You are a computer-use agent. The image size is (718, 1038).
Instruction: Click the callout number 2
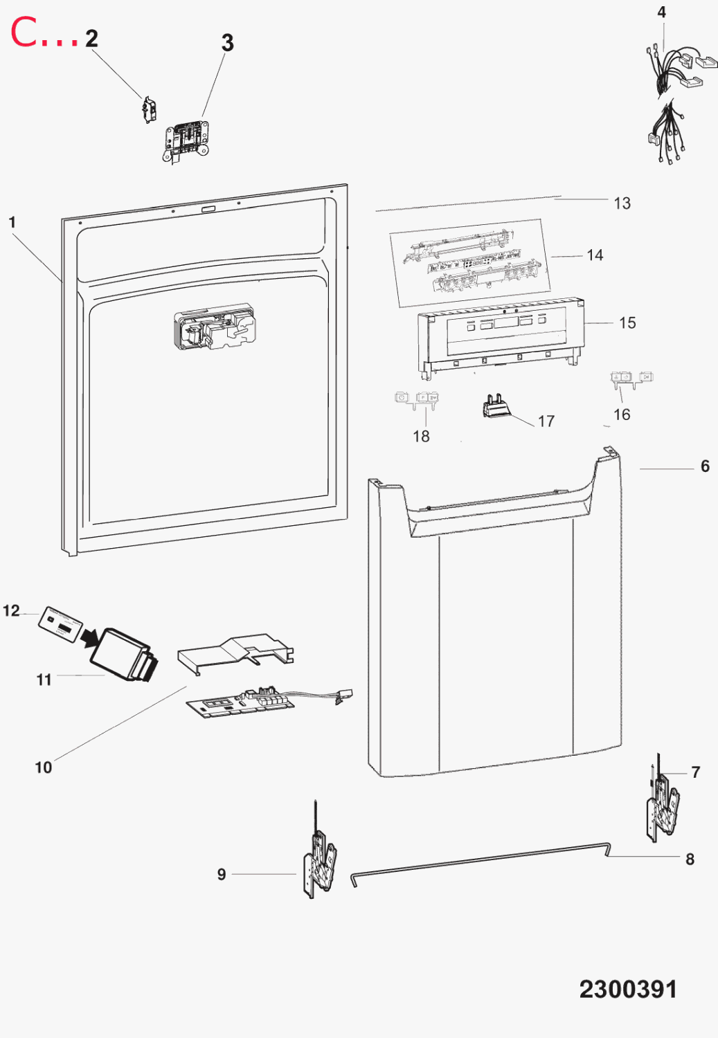point(92,39)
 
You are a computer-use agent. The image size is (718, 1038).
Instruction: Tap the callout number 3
point(227,43)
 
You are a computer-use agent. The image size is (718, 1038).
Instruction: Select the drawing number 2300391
point(628,990)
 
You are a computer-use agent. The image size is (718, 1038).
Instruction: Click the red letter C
point(23,32)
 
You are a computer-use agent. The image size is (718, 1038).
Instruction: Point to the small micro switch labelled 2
point(148,109)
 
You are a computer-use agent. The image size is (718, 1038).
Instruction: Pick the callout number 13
point(622,203)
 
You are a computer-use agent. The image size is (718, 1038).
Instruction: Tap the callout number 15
point(627,323)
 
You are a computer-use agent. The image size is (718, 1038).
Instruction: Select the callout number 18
point(421,436)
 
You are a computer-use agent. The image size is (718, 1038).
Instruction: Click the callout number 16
point(622,415)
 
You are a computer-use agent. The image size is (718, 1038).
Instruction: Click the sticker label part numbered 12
point(60,625)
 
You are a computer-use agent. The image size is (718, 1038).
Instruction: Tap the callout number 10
point(44,767)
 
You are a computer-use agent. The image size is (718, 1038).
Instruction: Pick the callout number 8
point(690,859)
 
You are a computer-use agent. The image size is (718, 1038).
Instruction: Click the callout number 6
point(705,466)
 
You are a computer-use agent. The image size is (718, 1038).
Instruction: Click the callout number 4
point(661,12)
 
